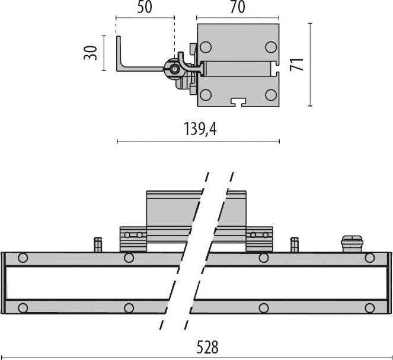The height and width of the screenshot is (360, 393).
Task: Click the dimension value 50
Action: tap(145, 8)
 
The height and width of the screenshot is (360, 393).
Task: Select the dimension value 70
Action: tap(237, 8)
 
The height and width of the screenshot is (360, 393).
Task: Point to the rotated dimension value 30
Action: tap(91, 52)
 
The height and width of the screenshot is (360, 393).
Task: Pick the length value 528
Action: tap(207, 347)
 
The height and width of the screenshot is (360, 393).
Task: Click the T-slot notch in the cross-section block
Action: tap(239, 101)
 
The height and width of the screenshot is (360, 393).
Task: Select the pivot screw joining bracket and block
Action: tap(174, 69)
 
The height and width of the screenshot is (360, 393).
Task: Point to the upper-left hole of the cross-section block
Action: tap(206, 47)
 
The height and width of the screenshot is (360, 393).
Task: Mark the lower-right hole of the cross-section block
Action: tap(270, 94)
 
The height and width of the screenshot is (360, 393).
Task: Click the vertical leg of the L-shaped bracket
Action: tap(119, 52)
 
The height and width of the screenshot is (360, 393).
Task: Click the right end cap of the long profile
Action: tap(389, 282)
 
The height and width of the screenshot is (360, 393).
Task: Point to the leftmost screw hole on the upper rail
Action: tap(23, 258)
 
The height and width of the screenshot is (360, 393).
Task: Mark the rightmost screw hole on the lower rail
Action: tap(370, 308)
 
